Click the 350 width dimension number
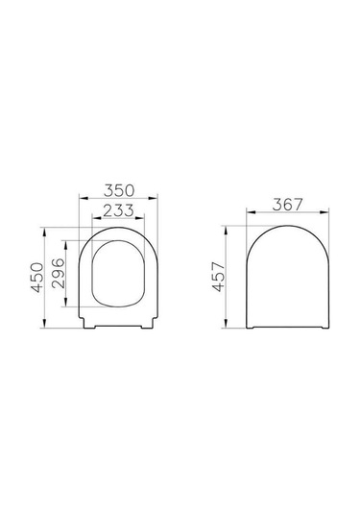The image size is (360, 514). (118, 191)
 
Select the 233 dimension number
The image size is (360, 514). (118, 210)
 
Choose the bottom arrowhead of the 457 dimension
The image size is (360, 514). (228, 329)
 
